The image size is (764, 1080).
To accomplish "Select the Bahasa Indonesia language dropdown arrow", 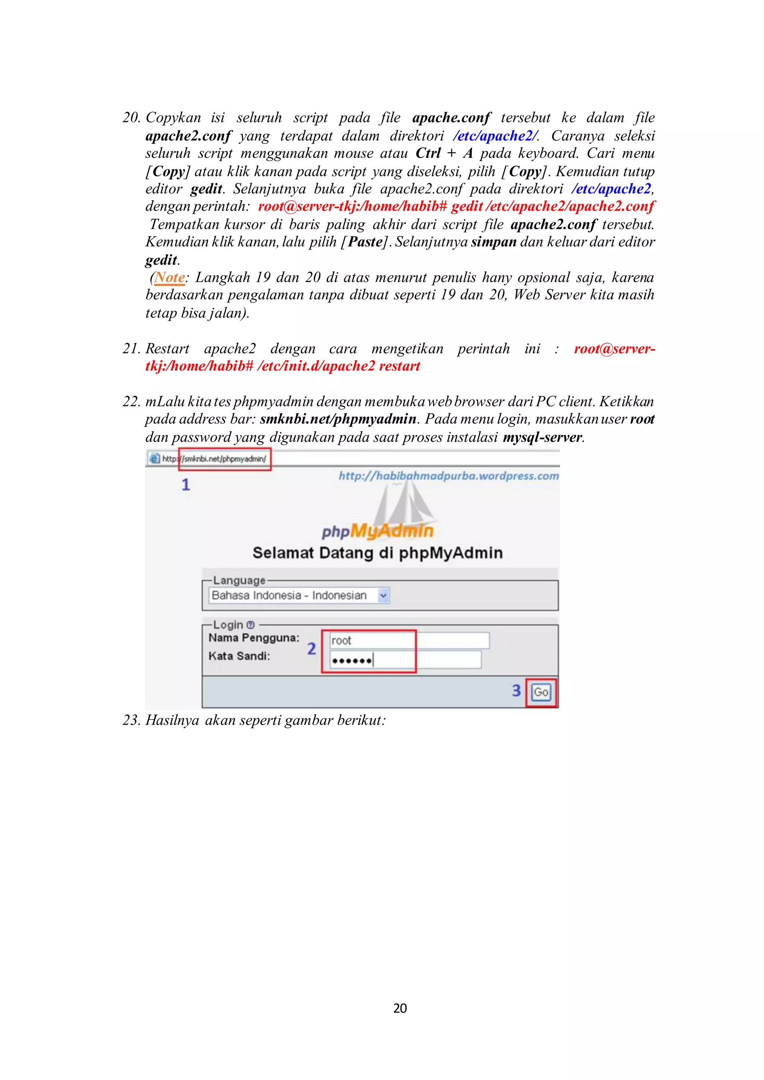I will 383,596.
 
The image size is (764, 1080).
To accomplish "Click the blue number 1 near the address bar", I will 186,484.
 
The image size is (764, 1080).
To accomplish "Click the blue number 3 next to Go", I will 516,691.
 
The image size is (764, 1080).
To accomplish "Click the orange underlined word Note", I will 169,277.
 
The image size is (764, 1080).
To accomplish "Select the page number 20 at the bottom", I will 400,1008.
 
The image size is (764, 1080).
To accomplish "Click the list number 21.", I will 131,349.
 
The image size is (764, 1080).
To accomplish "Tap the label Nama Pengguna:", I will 254,638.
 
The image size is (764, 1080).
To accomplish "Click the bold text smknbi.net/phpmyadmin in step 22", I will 338,419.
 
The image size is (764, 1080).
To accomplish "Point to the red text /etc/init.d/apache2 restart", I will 338,366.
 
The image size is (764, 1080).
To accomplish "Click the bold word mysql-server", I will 542,437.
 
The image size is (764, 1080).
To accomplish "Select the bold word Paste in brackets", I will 365,242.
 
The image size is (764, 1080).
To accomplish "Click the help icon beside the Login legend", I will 251,625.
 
